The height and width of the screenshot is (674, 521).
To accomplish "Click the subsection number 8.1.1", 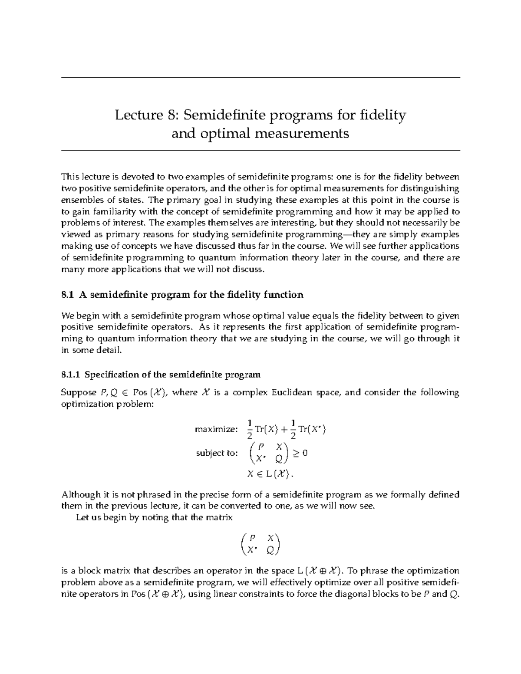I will [71, 374].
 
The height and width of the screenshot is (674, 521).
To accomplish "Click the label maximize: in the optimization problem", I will [216, 430].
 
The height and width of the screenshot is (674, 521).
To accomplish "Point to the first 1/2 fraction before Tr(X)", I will [249, 429].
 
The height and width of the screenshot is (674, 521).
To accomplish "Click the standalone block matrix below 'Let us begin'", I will [260, 544].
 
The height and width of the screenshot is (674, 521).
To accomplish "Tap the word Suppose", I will [79, 393].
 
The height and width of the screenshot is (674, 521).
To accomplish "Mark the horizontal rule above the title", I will [260, 78].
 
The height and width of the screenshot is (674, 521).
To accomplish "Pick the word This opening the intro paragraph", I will [70, 177].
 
